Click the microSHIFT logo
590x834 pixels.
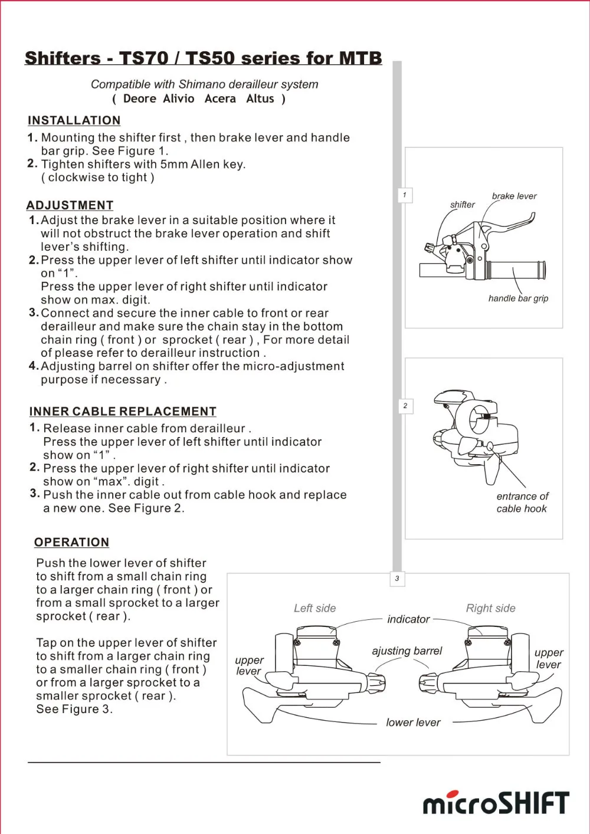496,803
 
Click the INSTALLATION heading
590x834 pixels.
74,120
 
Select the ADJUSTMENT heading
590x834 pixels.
70,205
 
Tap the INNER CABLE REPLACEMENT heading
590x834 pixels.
123,411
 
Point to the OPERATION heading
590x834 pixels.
71,542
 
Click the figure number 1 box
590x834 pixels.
405,195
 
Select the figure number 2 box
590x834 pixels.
405,406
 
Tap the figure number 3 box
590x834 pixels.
397,579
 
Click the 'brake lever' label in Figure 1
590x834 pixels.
514,196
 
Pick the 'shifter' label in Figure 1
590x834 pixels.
462,205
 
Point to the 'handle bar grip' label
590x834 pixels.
518,298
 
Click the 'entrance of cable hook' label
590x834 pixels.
522,503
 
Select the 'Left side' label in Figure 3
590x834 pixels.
314,608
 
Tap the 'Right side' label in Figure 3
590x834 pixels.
490,608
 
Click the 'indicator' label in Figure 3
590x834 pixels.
408,619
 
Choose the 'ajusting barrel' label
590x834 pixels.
407,651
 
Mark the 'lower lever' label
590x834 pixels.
413,723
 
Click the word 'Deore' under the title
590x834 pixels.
140,98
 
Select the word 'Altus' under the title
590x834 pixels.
260,98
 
